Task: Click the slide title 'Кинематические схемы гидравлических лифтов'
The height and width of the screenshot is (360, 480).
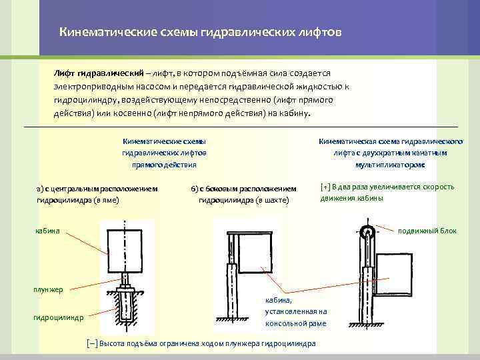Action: click(200, 32)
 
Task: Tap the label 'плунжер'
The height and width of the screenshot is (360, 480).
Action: click(49, 289)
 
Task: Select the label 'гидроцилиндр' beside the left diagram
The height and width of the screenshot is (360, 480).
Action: click(59, 317)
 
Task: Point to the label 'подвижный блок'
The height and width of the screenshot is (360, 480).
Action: click(427, 231)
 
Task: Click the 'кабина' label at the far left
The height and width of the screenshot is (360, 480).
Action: click(47, 231)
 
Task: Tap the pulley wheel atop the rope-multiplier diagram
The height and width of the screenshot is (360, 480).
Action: click(367, 234)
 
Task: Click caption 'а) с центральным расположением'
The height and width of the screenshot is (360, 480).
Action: click(97, 188)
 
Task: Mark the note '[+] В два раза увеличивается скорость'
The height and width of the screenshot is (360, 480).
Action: click(387, 187)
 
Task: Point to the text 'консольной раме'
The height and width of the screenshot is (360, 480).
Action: click(295, 323)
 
